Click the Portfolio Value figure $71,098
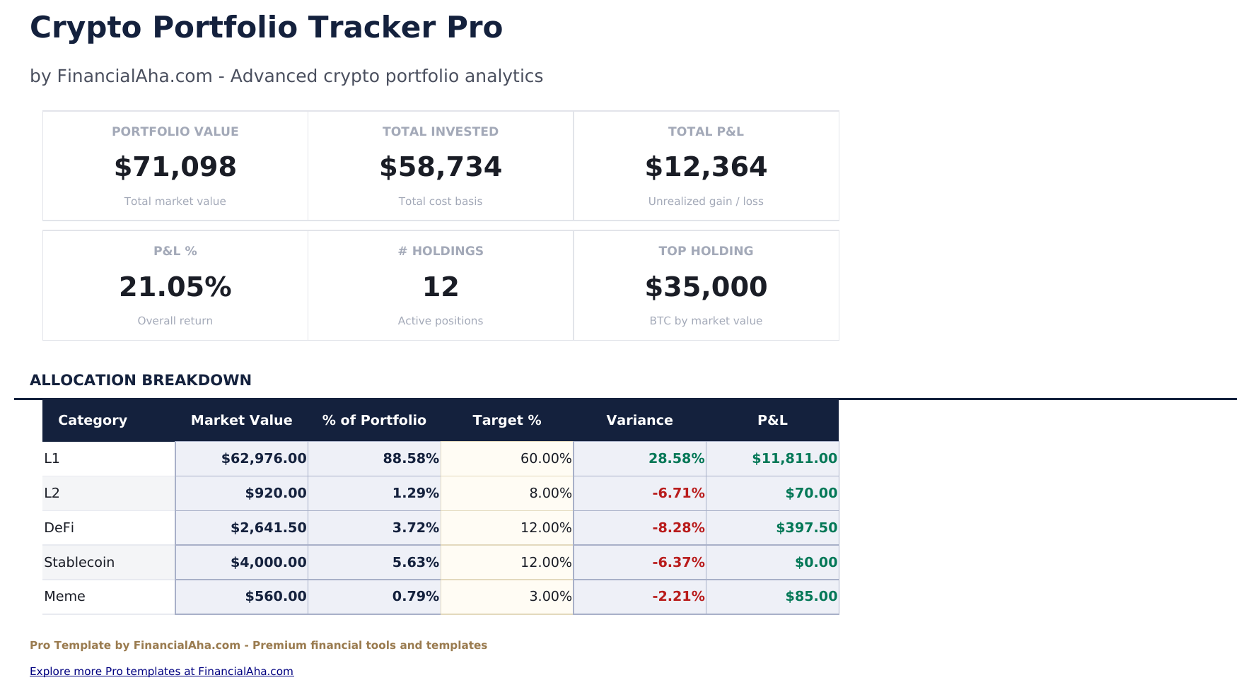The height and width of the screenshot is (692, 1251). tap(175, 167)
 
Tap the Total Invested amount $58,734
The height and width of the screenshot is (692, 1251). tap(440, 167)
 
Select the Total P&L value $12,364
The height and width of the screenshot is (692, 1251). tap(705, 167)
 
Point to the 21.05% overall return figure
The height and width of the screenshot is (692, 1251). tap(175, 287)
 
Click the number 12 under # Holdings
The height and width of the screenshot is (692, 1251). tap(440, 287)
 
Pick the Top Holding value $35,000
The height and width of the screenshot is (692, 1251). tap(705, 287)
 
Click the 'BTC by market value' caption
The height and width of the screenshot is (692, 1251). tap(705, 321)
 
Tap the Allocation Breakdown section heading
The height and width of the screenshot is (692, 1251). tap(140, 380)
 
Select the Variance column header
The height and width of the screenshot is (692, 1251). tap(639, 421)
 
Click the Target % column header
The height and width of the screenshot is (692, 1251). tap(506, 421)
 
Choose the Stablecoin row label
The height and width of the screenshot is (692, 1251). tap(79, 563)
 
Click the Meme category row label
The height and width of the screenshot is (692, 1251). tap(64, 597)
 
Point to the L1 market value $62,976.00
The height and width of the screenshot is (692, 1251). tap(264, 459)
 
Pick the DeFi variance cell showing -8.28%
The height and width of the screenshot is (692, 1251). tap(677, 528)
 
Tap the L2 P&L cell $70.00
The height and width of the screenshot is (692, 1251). tap(810, 493)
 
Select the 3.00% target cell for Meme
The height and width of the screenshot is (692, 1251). tap(549, 597)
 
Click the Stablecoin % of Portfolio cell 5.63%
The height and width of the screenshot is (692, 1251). tap(415, 563)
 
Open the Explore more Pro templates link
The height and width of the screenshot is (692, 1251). tap(161, 672)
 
